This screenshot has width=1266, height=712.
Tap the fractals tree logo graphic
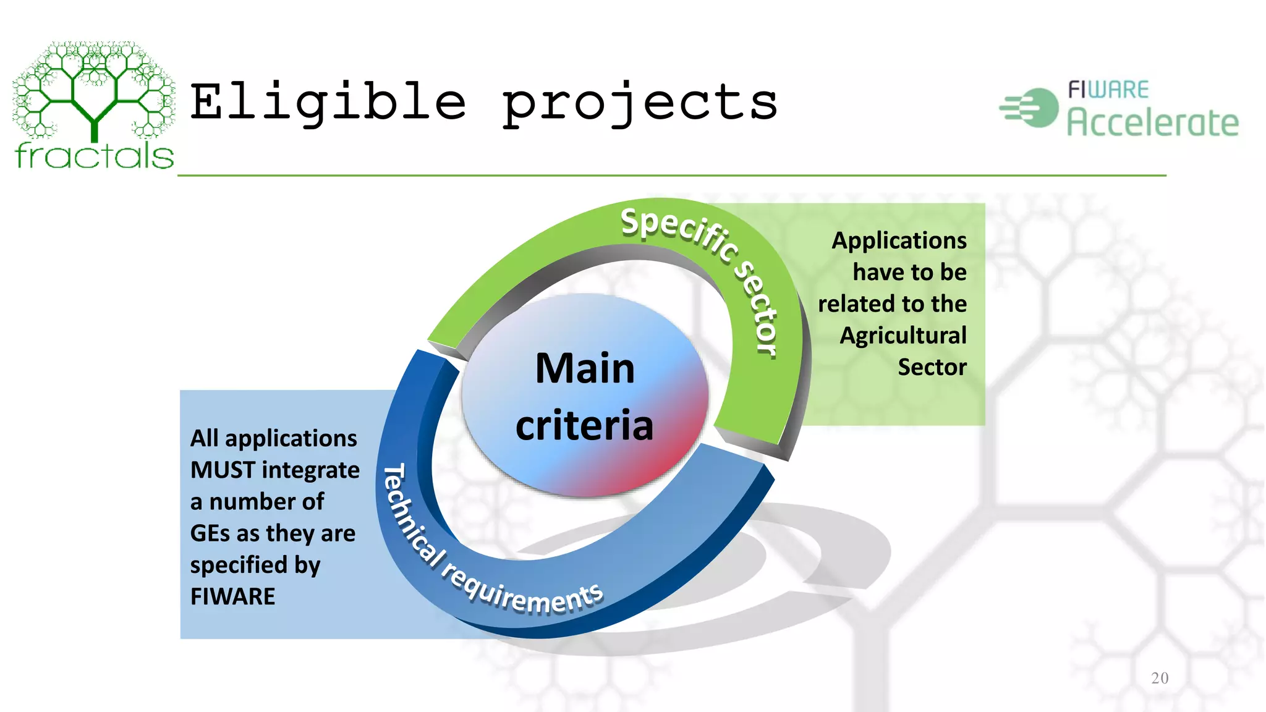[x=94, y=90]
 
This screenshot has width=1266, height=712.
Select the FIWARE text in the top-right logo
[x=1108, y=90]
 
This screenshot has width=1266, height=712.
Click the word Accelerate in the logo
[x=1153, y=122]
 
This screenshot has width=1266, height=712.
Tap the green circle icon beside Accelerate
[x=1039, y=108]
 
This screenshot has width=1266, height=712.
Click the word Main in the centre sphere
[x=585, y=368]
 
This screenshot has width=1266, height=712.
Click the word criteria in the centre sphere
[x=584, y=425]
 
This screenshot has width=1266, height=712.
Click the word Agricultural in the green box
[x=903, y=336]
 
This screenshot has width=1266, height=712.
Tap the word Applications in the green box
[x=899, y=240]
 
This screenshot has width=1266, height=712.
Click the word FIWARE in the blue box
[x=232, y=597]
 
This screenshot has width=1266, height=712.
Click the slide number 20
[x=1160, y=678]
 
